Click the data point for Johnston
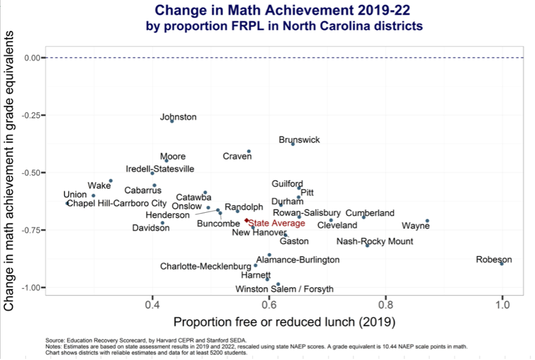[x=172, y=121]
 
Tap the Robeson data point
[x=502, y=263]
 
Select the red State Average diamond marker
[x=247, y=220]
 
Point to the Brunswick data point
[x=293, y=144]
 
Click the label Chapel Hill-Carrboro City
[x=116, y=203]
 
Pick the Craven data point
[x=249, y=151]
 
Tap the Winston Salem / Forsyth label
[x=284, y=289]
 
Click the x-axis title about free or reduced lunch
[x=284, y=322]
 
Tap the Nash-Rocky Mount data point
[x=367, y=245]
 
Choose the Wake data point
[x=111, y=181]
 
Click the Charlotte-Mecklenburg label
[x=205, y=267]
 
